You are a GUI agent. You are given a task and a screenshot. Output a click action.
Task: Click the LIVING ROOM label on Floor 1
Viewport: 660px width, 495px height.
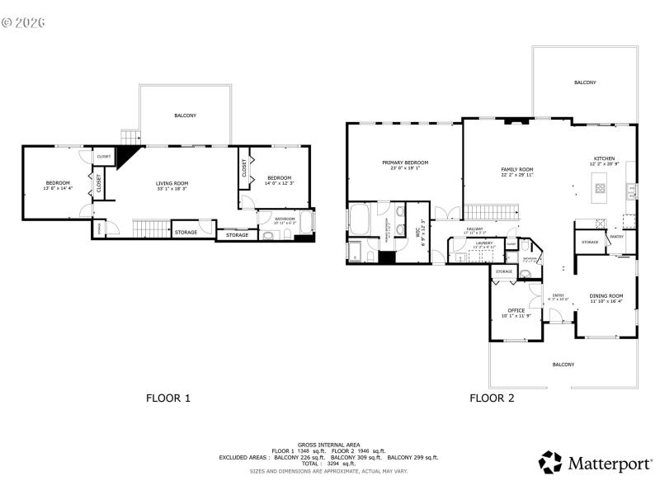pyautogui.click(x=173, y=183)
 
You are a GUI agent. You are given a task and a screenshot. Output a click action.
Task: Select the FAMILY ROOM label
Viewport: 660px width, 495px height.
pyautogui.click(x=517, y=169)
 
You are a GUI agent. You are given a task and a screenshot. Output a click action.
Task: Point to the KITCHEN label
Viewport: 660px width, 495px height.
pyautogui.click(x=605, y=158)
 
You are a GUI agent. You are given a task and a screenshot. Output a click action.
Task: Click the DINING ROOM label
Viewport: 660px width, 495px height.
pyautogui.click(x=606, y=295)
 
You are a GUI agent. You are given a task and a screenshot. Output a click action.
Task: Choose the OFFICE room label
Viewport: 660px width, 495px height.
pyautogui.click(x=516, y=310)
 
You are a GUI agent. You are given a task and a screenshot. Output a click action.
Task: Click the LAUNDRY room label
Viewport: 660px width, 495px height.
pyautogui.click(x=483, y=243)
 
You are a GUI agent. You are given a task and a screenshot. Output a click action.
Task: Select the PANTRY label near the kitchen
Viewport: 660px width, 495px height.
pyautogui.click(x=616, y=237)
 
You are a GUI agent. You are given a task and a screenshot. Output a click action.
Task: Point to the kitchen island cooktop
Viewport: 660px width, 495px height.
pyautogui.click(x=600, y=189)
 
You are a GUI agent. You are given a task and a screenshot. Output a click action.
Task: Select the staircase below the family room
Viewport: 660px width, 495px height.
pyautogui.click(x=492, y=213)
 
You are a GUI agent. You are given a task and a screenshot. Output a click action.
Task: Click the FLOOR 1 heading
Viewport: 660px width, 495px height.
pyautogui.click(x=168, y=398)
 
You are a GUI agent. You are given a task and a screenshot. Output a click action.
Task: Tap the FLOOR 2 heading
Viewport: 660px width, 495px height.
pyautogui.click(x=492, y=398)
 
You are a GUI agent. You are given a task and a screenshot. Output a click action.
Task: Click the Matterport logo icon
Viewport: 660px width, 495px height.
pyautogui.click(x=550, y=462)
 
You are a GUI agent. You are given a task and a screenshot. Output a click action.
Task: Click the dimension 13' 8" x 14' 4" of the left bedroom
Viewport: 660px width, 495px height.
pyautogui.click(x=58, y=188)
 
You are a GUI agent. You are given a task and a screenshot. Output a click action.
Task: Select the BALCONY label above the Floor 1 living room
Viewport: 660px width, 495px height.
pyautogui.click(x=185, y=115)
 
